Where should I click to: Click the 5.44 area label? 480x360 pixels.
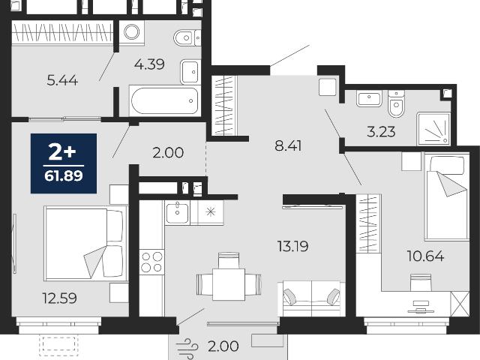62,80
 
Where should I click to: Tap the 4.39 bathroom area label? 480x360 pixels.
150,64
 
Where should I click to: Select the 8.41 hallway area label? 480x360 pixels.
288,146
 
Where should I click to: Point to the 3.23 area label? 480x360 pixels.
381,132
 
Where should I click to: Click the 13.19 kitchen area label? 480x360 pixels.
293,246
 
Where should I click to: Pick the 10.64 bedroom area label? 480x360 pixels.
425,256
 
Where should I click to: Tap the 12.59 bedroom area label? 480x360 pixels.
60,298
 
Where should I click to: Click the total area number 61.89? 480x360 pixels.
64,176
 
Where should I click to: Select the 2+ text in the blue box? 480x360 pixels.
62,152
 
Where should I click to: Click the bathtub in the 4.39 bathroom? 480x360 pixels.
165,100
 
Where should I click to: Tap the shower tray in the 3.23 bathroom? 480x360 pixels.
433,129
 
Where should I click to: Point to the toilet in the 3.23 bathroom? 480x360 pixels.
396,103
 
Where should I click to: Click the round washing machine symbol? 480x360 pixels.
132,31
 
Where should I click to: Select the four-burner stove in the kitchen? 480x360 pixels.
151,262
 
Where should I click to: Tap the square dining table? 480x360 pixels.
229,284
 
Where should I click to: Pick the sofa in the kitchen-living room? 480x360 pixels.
312,298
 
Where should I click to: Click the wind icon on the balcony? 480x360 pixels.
187,348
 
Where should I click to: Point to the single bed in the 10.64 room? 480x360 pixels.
447,197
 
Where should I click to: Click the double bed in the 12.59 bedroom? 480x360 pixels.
85,244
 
